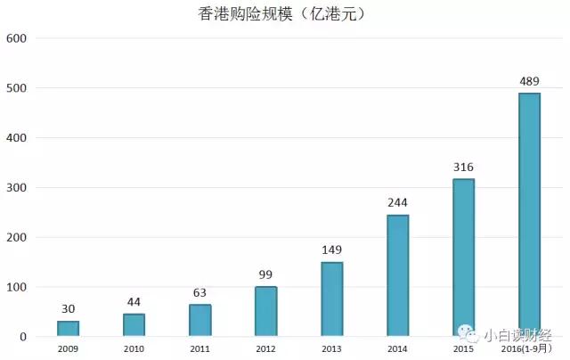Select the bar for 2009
coord(69,329)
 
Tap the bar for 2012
coord(265,312)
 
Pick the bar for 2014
coord(397,276)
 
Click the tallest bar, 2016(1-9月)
coord(529,215)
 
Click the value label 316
coord(463,168)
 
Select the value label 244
coord(397,203)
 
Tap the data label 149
coord(331,250)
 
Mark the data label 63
coord(199,293)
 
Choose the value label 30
coord(69,309)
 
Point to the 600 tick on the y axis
coord(16,39)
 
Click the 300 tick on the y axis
coord(16,188)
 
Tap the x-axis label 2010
coord(134,349)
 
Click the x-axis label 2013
coord(331,349)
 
